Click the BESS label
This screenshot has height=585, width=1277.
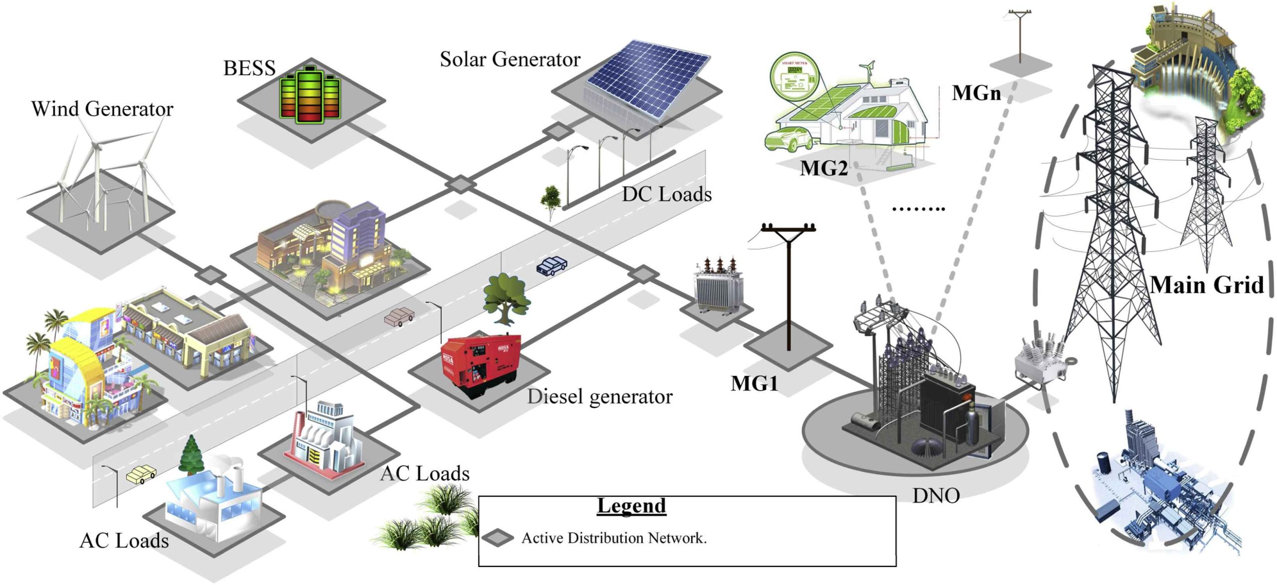pyautogui.click(x=249, y=68)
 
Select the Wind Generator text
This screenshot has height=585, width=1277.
pyautogui.click(x=102, y=109)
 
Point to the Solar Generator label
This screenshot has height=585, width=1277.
pyautogui.click(x=510, y=59)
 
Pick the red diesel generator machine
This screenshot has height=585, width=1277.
pyautogui.click(x=481, y=364)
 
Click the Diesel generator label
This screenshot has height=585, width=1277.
pyautogui.click(x=600, y=396)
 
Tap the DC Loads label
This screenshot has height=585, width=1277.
pyautogui.click(x=666, y=195)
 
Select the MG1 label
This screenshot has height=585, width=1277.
pyautogui.click(x=754, y=383)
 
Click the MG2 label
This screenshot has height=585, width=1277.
pyautogui.click(x=824, y=168)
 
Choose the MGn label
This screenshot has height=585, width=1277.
pyautogui.click(x=976, y=93)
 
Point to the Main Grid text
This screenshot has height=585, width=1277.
pyautogui.click(x=1207, y=285)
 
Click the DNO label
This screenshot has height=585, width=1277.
pyautogui.click(x=936, y=496)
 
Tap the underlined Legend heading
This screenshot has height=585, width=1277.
pyautogui.click(x=632, y=506)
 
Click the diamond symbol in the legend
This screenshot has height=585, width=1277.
pyautogui.click(x=497, y=538)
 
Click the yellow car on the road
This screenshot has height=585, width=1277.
pyautogui.click(x=141, y=474)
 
